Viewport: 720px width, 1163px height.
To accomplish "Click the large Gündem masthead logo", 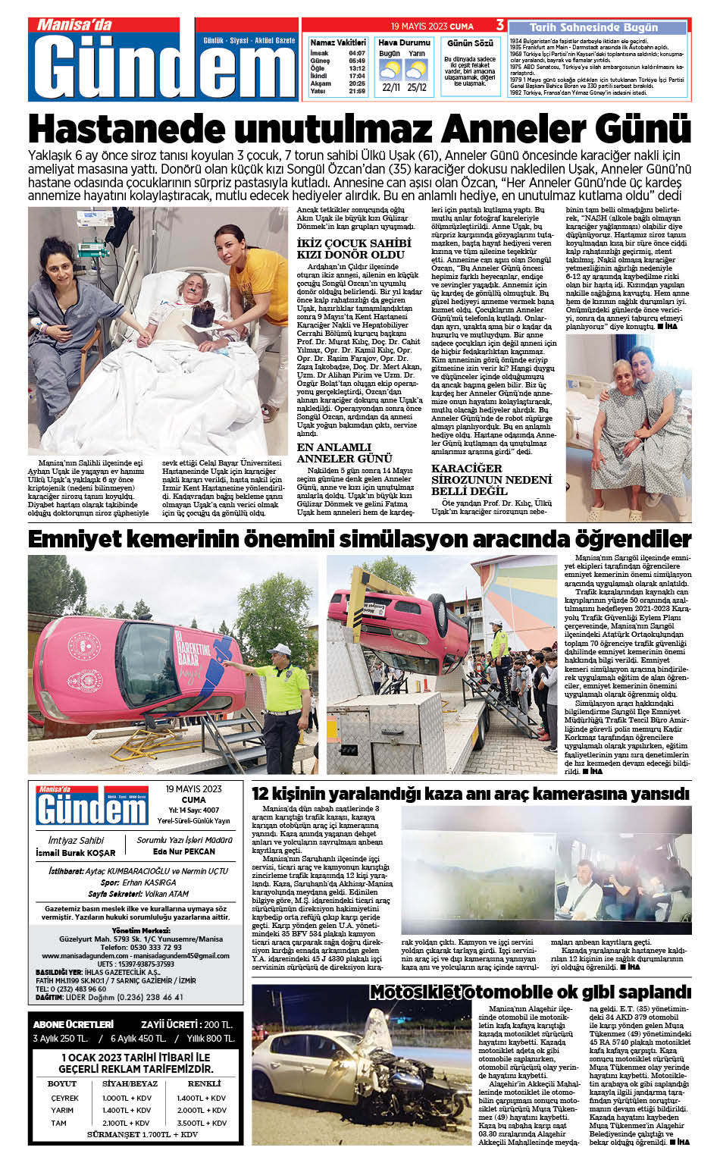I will coord(163,66).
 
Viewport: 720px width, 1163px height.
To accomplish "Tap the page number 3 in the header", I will coord(500,26).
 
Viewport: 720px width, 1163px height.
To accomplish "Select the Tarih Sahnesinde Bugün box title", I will coord(593,27).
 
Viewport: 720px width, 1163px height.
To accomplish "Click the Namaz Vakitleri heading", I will coord(337,42).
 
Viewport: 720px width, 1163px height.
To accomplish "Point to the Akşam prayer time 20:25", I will coord(357,83).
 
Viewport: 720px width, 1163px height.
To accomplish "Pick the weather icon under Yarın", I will coord(416,71).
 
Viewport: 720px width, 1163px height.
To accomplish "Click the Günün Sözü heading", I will coord(470,43).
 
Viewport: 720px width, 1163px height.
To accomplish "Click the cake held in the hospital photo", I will coord(203,312).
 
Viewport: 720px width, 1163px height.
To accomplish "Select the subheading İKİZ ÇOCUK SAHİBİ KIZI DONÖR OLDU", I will coord(354,249).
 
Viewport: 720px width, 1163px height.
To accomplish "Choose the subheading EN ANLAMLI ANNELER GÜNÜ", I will coord(345,453).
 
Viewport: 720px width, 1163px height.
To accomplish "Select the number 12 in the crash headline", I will coord(261,794).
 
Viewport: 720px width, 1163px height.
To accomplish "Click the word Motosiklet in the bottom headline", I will coord(415,992).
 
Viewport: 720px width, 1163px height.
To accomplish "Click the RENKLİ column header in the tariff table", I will coord(204,1083).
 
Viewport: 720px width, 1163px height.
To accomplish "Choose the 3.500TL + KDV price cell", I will coord(202,1123).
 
